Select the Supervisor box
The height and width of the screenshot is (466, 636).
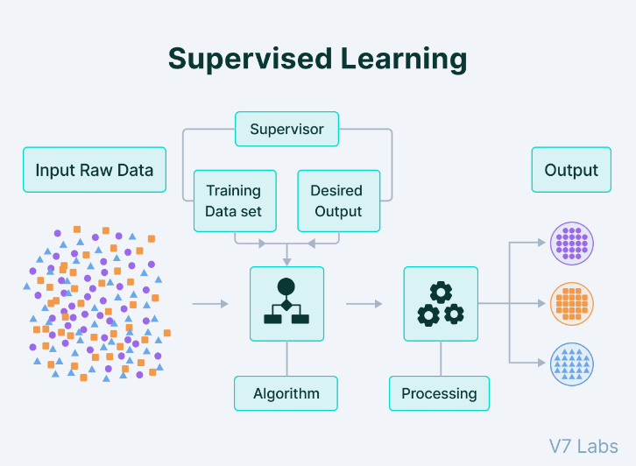[x=286, y=129]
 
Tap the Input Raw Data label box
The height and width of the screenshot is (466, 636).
[x=94, y=170]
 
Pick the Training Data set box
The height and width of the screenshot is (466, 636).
[x=234, y=201]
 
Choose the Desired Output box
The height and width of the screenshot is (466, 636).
[x=338, y=201]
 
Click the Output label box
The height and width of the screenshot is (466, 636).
[x=571, y=170]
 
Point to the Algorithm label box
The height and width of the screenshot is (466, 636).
[x=286, y=393]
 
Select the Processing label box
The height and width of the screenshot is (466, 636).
[x=439, y=393]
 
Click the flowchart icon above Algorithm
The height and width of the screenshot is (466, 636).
[x=286, y=304]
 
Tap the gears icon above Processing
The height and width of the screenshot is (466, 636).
[x=440, y=304]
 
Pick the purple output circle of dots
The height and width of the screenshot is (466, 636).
[x=572, y=243]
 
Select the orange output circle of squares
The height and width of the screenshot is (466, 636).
[x=572, y=303]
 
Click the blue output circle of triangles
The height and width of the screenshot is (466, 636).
[x=572, y=363]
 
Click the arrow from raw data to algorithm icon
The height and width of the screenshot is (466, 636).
[x=210, y=304]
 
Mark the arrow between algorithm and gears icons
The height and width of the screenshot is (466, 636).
[x=364, y=304]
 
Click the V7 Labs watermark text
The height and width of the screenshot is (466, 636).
[x=583, y=446]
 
